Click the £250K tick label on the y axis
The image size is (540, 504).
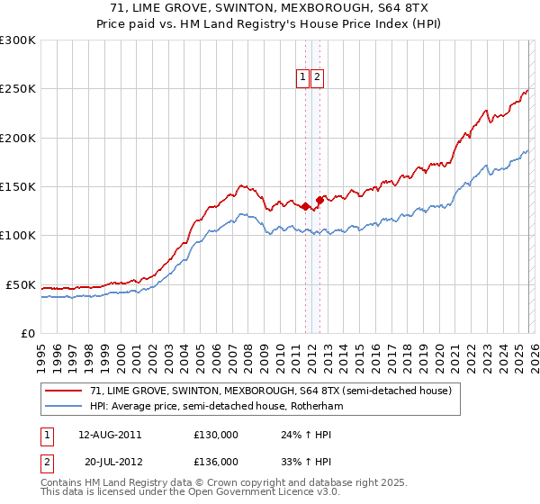(x=17, y=89)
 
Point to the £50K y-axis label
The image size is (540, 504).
(x=20, y=284)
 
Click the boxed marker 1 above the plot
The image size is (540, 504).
(x=303, y=78)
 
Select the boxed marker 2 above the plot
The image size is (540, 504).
(x=318, y=78)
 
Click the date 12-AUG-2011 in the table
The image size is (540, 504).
(x=109, y=434)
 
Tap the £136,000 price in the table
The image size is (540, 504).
(x=215, y=461)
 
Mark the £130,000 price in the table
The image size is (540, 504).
(x=215, y=434)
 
